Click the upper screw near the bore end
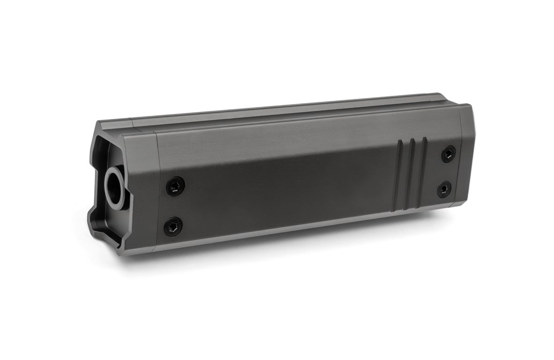175,187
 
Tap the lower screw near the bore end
173,227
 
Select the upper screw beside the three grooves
448,154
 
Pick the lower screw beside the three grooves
444,189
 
